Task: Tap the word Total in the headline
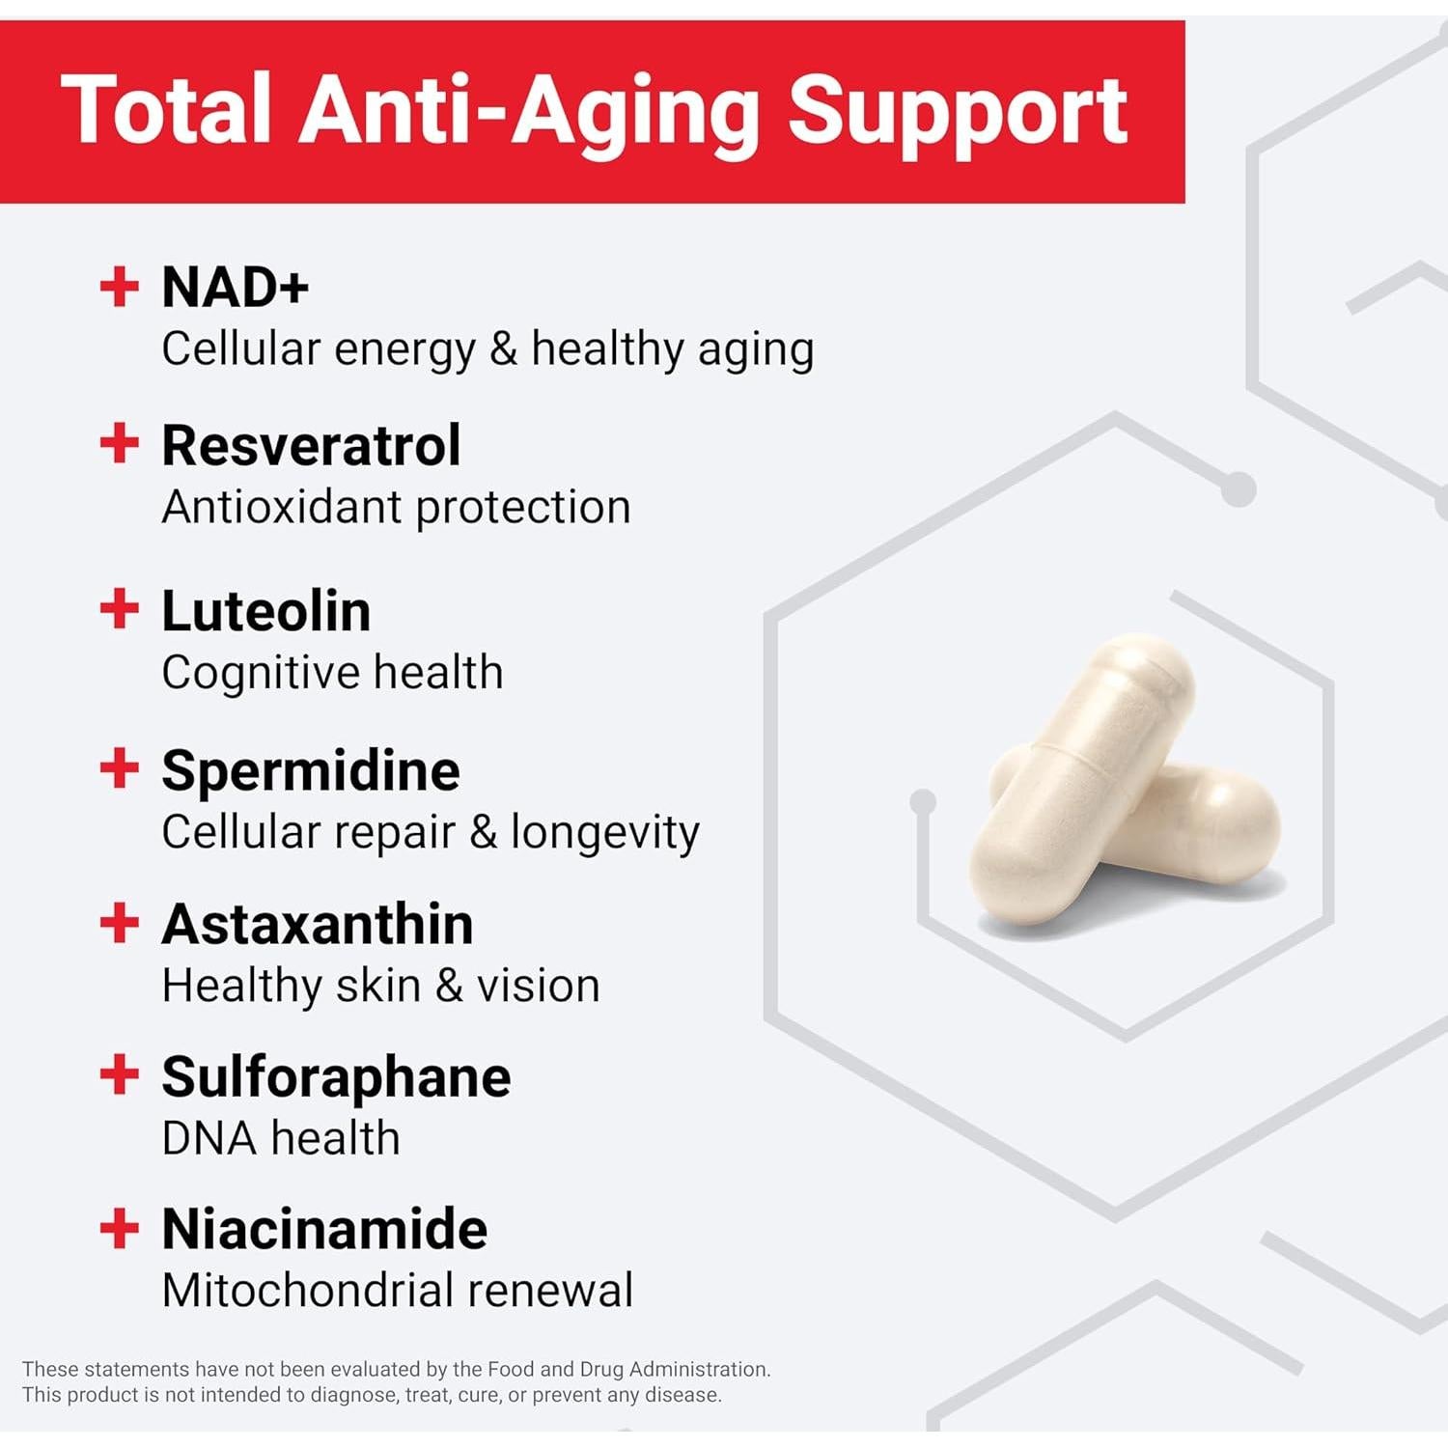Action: pyautogui.click(x=166, y=110)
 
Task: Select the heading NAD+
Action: pyautogui.click(x=236, y=288)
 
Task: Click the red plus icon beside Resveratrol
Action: pyautogui.click(x=120, y=444)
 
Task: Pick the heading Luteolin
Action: pyautogui.click(x=266, y=611)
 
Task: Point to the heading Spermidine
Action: pyautogui.click(x=311, y=772)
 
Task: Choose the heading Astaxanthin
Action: pyautogui.click(x=318, y=924)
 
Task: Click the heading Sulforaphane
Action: pyautogui.click(x=336, y=1078)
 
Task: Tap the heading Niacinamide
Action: pyautogui.click(x=324, y=1229)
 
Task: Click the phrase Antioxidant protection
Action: pyautogui.click(x=396, y=508)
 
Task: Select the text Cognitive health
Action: pyautogui.click(x=332, y=673)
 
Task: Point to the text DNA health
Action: pyautogui.click(x=281, y=1138)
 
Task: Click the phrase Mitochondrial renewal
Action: pyautogui.click(x=398, y=1291)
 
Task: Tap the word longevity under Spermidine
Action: pyautogui.click(x=605, y=833)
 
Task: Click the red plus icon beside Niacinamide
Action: pyautogui.click(x=120, y=1229)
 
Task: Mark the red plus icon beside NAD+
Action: pyautogui.click(x=120, y=287)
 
